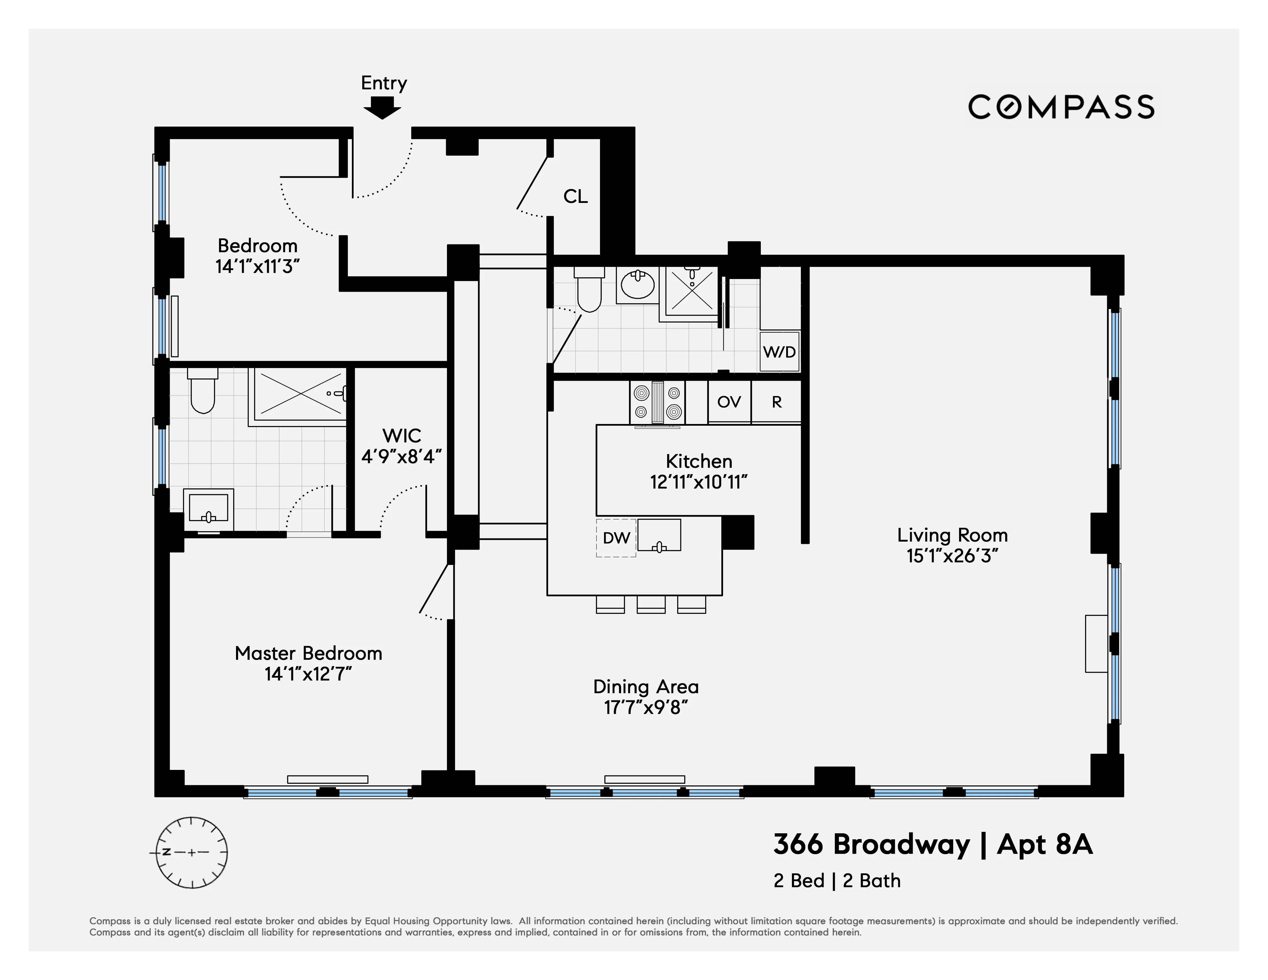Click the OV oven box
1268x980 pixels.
[x=729, y=402]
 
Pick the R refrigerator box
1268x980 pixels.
[x=776, y=402]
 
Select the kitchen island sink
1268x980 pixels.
[x=659, y=535]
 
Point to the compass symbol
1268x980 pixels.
[x=192, y=852]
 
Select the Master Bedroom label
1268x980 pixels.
[x=308, y=653]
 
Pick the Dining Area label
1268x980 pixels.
[x=646, y=687]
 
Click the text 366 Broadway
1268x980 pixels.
[x=871, y=845]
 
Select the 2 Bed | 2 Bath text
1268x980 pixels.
[x=837, y=881]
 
